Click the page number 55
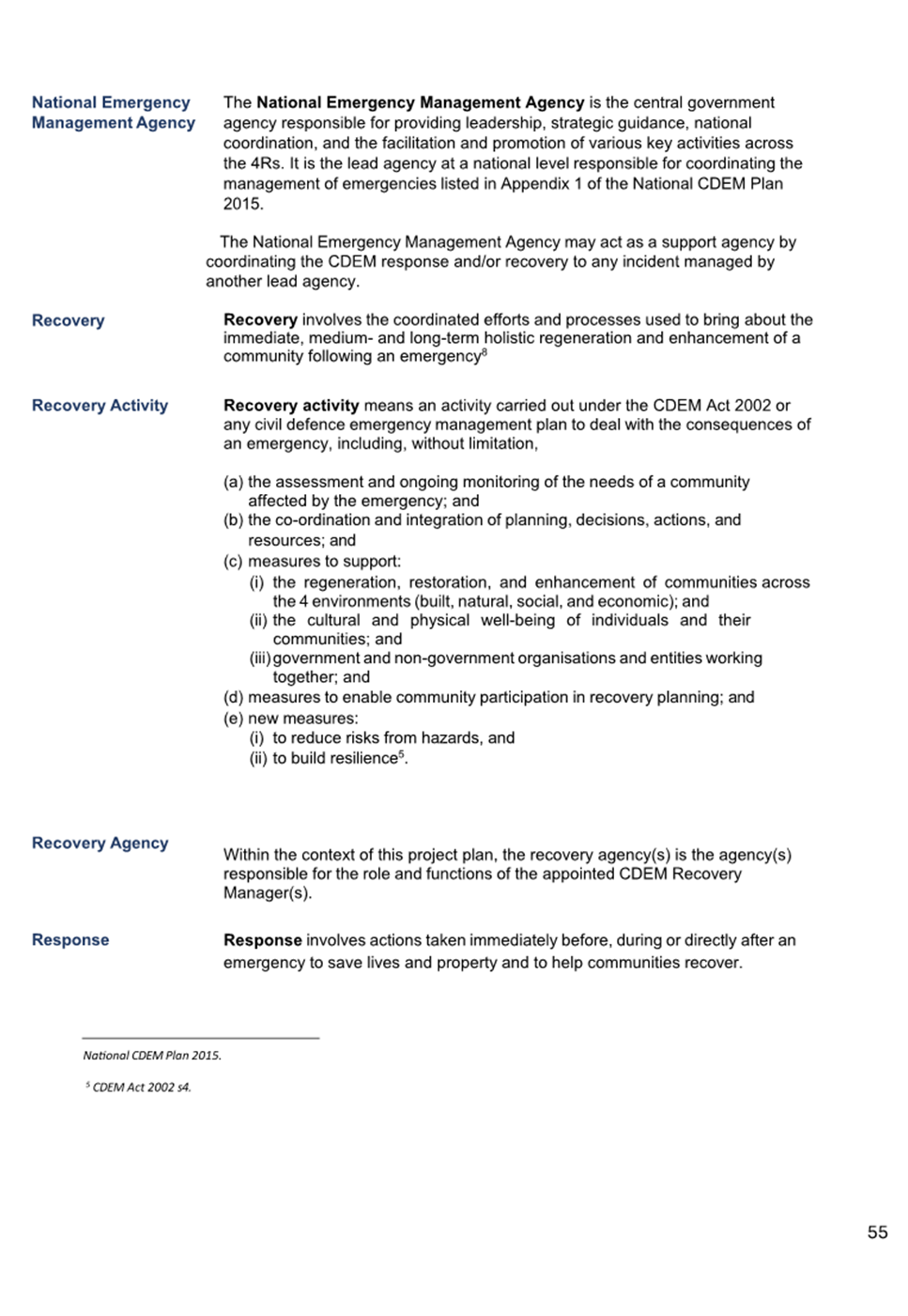[x=877, y=1231]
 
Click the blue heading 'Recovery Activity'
[x=100, y=405]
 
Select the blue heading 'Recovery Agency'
[x=100, y=843]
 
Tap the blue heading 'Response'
[x=70, y=939]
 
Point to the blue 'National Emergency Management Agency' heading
[x=113, y=112]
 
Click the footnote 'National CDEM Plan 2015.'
[x=152, y=1055]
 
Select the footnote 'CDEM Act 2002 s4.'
[x=141, y=1087]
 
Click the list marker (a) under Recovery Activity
[x=233, y=482]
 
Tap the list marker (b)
[x=233, y=519]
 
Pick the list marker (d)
[x=233, y=697]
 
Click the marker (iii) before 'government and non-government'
[x=259, y=658]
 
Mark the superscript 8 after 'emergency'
[x=485, y=352]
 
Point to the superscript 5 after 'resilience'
[x=401, y=753]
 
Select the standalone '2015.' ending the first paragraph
[x=243, y=203]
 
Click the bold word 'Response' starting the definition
[x=263, y=939]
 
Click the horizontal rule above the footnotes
[x=200, y=1038]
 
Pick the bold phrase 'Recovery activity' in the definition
[x=291, y=405]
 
